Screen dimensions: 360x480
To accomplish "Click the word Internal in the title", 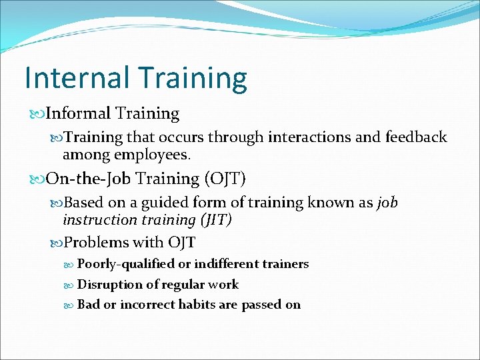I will pos(75,77).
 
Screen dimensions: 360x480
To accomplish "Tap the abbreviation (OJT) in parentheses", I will pos(225,179).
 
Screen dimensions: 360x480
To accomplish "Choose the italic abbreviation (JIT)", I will pos(211,220).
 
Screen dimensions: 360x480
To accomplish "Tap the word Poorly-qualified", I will pos(125,264).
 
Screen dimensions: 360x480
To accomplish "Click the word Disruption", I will pos(109,285).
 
